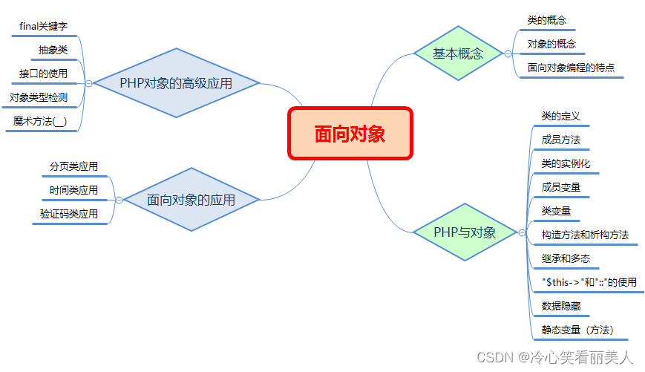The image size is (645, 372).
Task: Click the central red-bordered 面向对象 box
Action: point(350,134)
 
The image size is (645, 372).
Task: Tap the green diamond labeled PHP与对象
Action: point(465,232)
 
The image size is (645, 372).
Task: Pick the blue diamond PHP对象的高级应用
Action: point(175,83)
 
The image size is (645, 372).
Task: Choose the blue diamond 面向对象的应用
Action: point(191,200)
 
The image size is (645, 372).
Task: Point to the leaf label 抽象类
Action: point(53,50)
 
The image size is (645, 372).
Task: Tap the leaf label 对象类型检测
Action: point(39,97)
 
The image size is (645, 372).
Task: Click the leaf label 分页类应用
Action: point(73,167)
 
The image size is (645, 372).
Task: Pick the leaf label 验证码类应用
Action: point(69,214)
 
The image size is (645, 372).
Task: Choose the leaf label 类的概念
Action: point(547,21)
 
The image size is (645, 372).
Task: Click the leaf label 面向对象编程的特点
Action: point(571,68)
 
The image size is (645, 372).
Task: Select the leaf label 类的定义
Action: point(560,116)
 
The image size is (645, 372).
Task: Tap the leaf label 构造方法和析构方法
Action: point(585,235)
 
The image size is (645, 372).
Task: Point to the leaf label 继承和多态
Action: point(566,258)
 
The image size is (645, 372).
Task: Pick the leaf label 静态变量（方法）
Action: point(577,330)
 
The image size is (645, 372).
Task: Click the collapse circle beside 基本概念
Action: point(508,53)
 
